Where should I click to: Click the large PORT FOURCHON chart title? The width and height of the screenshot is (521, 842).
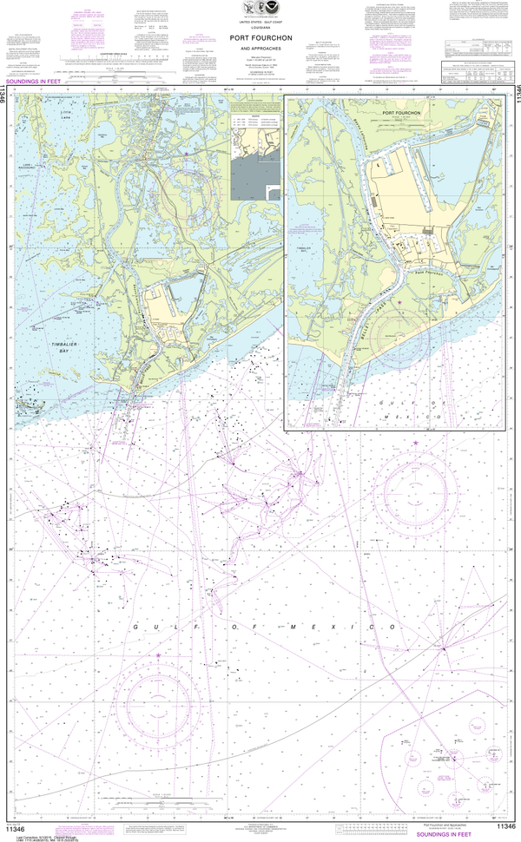[260, 38]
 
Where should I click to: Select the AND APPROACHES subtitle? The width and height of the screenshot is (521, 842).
[260, 49]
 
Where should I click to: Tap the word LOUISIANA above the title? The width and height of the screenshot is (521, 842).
[260, 26]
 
